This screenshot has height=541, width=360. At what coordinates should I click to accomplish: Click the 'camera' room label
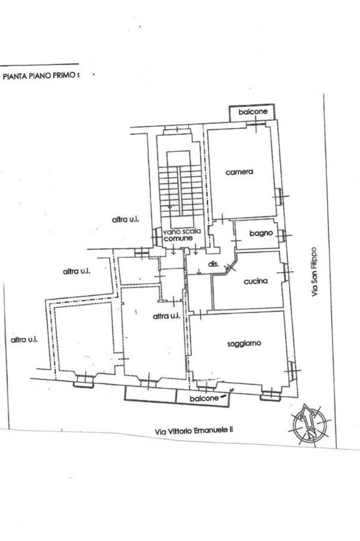239,172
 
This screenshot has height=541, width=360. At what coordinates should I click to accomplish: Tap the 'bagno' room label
261,233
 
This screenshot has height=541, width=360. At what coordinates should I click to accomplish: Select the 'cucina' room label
255,281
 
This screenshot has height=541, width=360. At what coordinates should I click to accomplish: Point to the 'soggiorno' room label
244,343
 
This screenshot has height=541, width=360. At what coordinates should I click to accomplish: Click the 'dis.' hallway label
214,264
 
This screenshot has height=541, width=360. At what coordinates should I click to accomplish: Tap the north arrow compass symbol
309,424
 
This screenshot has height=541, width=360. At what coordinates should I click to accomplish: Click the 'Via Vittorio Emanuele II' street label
194,430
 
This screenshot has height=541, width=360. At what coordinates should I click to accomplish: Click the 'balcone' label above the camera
253,112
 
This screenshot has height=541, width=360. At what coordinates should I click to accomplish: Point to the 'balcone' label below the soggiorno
204,398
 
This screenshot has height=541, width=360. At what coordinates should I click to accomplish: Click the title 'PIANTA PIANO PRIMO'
39,76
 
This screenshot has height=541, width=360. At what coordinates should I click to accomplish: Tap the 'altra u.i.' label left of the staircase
126,219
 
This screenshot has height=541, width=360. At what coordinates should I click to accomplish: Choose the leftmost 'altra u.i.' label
24,340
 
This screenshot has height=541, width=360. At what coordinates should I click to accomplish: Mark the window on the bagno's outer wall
283,235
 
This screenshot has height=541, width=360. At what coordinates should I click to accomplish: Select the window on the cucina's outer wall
285,272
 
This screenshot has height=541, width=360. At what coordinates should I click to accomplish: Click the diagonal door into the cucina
230,266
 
